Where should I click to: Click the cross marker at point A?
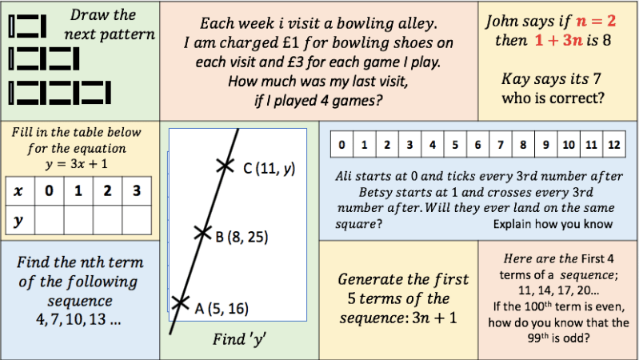[x=180, y=303]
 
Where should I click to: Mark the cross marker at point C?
[x=226, y=166]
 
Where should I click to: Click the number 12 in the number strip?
[x=613, y=146]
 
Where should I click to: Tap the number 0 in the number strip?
[x=341, y=146]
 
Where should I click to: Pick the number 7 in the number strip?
[x=500, y=146]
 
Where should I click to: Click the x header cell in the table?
[x=19, y=190]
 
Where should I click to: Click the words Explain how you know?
[x=553, y=224]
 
